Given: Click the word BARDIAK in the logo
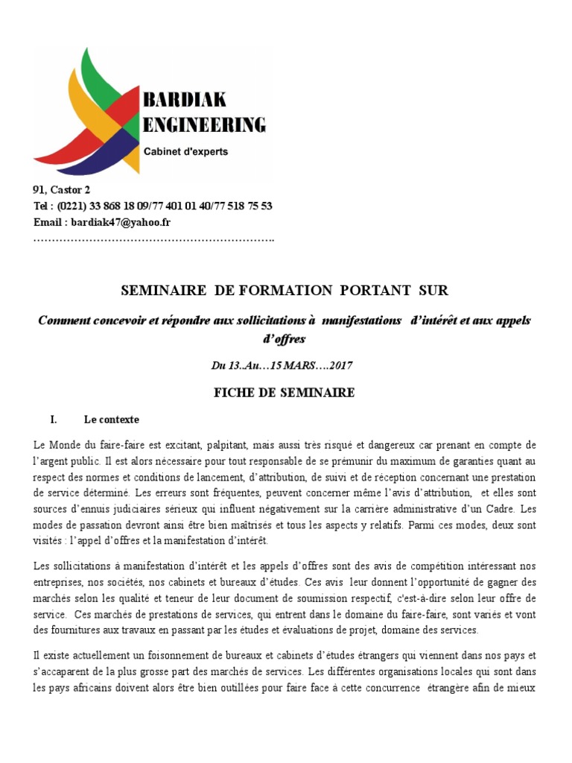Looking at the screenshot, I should (184, 99).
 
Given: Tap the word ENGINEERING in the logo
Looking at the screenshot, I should (203, 124).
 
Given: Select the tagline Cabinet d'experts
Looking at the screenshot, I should (185, 151).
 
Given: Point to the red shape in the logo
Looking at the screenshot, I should (63, 152).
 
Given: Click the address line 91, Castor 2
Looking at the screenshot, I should (62, 190).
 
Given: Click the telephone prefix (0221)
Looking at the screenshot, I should (71, 206).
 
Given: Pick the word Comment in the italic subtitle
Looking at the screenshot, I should (66, 320).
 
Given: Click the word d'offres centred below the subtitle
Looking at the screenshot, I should (285, 339).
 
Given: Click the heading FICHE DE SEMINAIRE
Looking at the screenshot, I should (285, 393).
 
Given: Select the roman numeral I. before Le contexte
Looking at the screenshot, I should (54, 420).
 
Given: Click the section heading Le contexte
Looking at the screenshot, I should (111, 420).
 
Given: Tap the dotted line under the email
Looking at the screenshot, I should (153, 240).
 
